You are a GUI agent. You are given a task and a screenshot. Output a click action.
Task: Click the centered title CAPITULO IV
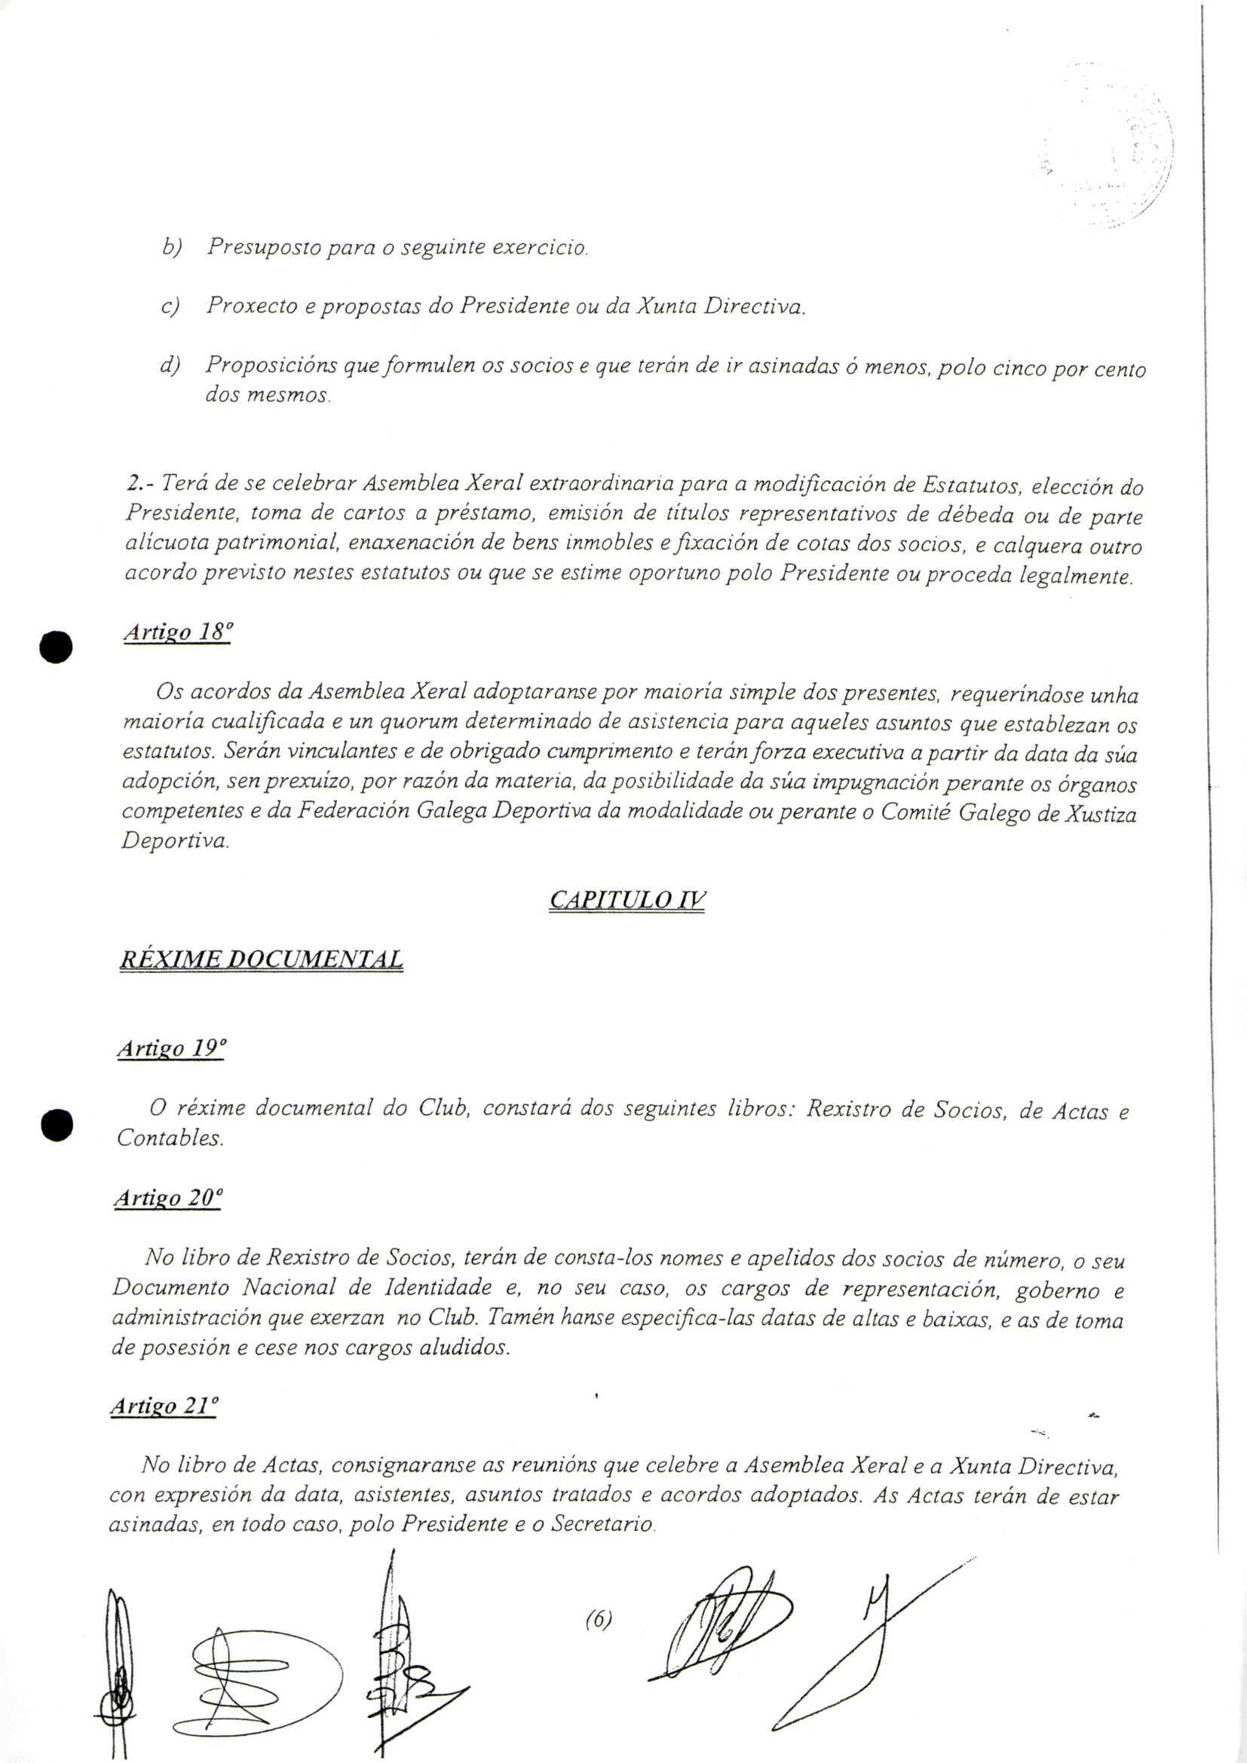point(627,900)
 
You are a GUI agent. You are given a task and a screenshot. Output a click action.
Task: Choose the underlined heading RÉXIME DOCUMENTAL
point(261,960)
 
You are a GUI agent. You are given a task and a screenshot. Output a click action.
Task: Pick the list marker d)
point(169,366)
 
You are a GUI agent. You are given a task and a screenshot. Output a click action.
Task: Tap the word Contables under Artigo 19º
point(170,1138)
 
